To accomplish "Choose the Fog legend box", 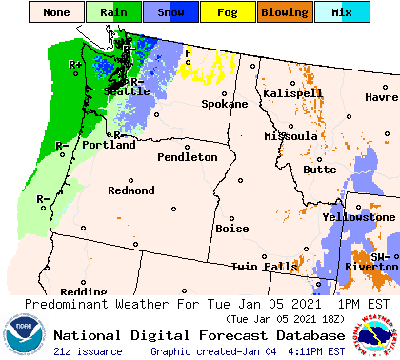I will click(x=227, y=13).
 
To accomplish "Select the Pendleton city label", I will click(x=188, y=157).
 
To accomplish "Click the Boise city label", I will click(x=232, y=229).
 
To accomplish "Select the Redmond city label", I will click(x=131, y=190).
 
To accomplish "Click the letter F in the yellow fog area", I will click(x=188, y=52).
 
